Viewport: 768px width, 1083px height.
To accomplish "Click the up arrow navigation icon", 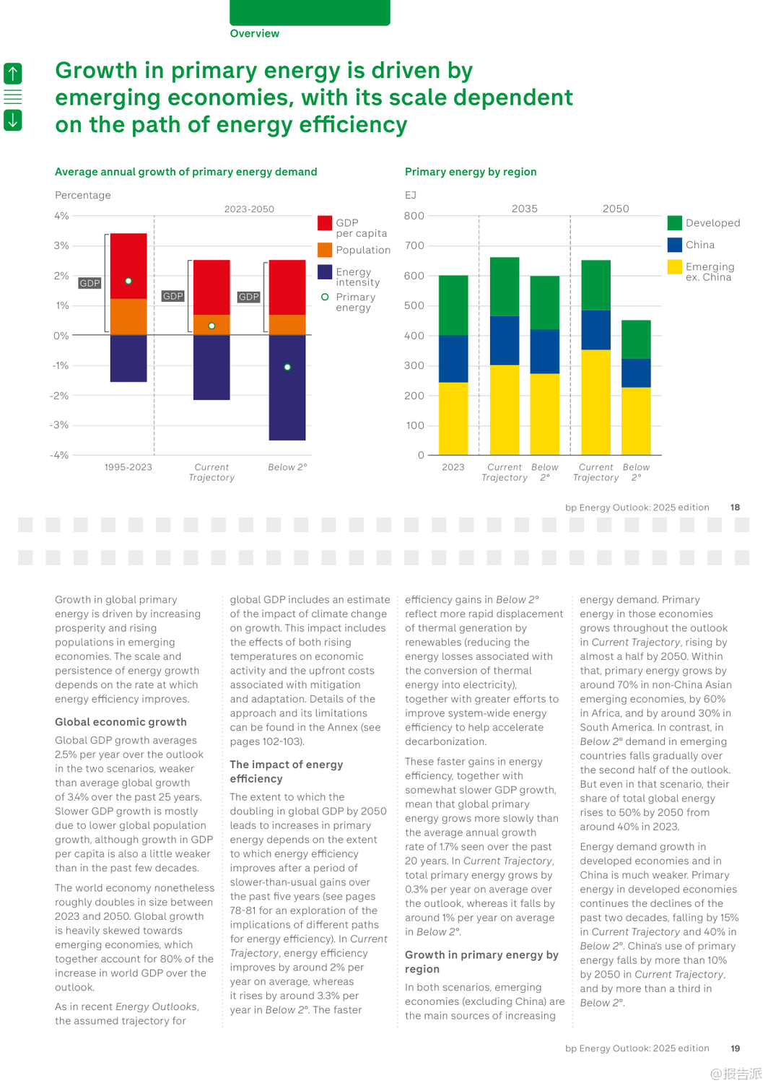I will (13, 73).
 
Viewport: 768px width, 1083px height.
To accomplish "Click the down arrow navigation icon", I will (13, 119).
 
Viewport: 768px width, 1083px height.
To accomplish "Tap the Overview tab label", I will (254, 33).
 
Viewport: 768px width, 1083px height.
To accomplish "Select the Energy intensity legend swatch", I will (325, 272).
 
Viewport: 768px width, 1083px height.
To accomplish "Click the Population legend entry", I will (362, 250).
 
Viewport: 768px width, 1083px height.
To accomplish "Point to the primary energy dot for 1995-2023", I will (128, 281).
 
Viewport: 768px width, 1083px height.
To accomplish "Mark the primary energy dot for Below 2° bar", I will (287, 367).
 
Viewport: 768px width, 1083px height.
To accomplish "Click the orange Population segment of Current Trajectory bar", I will (211, 324).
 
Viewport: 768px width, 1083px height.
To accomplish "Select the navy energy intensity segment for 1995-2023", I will (128, 358).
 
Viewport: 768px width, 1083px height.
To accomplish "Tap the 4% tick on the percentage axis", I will (61, 216).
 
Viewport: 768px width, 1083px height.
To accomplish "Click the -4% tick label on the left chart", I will (59, 455).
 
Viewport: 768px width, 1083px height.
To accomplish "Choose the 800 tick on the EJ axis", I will (414, 216).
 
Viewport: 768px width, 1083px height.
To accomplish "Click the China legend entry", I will (699, 245).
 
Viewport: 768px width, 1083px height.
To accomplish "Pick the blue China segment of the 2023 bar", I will (453, 359).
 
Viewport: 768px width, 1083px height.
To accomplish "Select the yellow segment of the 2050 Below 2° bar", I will (636, 421).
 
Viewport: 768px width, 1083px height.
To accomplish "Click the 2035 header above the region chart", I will (525, 209).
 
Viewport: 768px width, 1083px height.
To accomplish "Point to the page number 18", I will (735, 508).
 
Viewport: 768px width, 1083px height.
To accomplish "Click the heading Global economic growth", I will (121, 722).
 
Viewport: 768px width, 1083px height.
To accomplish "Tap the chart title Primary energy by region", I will (471, 172).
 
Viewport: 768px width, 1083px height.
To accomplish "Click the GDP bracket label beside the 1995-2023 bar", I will (90, 283).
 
